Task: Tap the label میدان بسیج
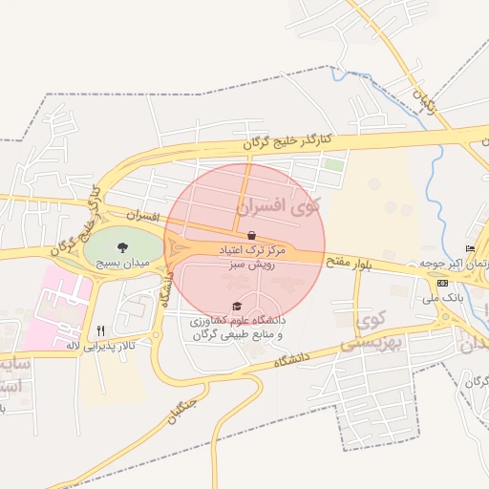coord(120,261)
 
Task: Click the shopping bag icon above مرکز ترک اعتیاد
coord(251,235)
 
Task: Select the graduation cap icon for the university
coord(237,307)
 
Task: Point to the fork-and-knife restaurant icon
coord(100,330)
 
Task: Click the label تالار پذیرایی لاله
coord(100,345)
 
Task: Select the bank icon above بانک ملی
coord(442,284)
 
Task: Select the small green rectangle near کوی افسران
coord(333,164)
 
